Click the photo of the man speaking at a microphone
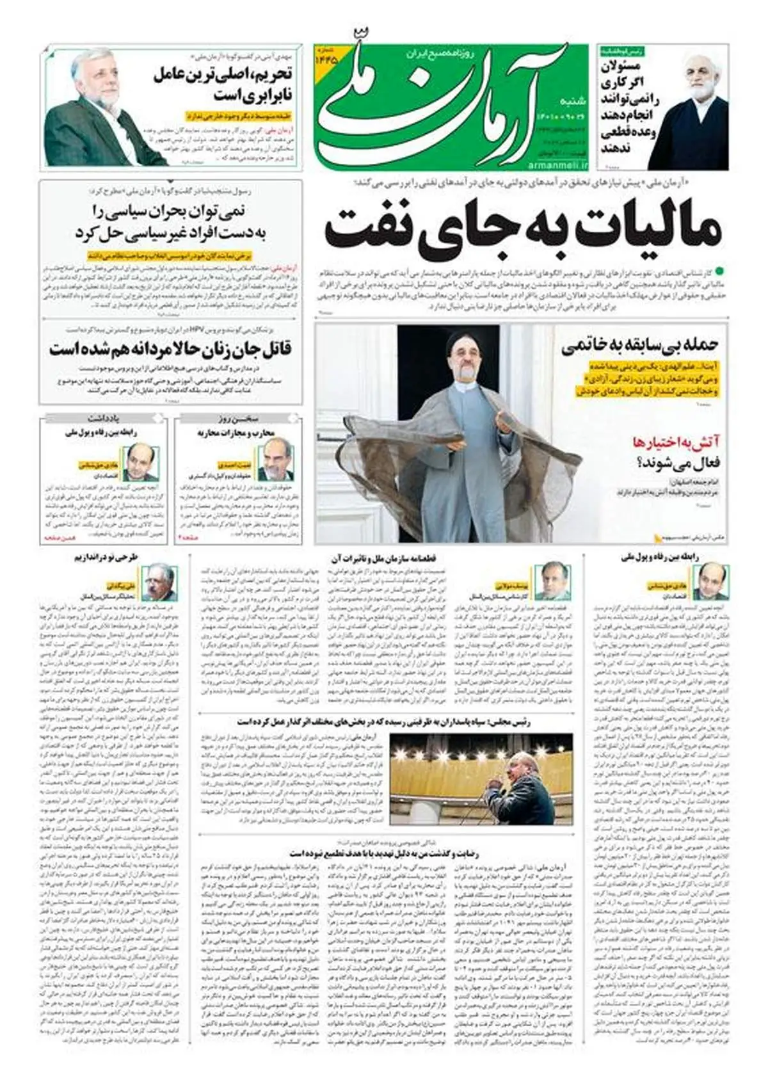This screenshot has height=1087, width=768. (x=481, y=778)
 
